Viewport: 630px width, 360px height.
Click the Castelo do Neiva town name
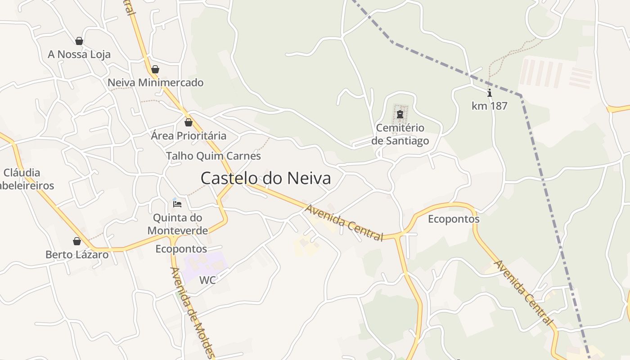pyautogui.click(x=265, y=178)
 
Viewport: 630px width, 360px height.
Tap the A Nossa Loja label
pyautogui.click(x=79, y=54)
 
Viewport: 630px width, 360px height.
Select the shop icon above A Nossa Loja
pyautogui.click(x=79, y=41)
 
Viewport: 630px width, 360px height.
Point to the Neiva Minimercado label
pyautogui.click(x=156, y=83)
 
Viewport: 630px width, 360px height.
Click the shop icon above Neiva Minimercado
pyautogui.click(x=155, y=69)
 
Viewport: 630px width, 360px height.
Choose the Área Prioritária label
pyautogui.click(x=189, y=135)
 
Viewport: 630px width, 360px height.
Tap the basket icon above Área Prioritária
pyautogui.click(x=189, y=122)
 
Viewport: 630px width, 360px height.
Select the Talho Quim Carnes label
pyautogui.click(x=213, y=156)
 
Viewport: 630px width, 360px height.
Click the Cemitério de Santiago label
pyautogui.click(x=400, y=134)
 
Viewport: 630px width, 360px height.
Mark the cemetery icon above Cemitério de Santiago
pyautogui.click(x=400, y=114)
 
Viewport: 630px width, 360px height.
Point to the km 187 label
pyautogui.click(x=489, y=106)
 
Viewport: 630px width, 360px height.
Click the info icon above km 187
pyautogui.click(x=490, y=93)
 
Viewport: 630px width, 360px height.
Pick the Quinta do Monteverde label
pyautogui.click(x=178, y=224)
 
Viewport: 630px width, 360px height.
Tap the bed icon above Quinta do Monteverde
pyautogui.click(x=177, y=204)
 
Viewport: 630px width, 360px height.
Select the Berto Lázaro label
pyautogui.click(x=77, y=255)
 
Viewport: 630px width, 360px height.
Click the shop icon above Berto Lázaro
pyautogui.click(x=77, y=241)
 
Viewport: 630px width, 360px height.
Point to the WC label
pyautogui.click(x=207, y=280)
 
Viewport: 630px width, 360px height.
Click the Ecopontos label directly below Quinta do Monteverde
pyautogui.click(x=181, y=249)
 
